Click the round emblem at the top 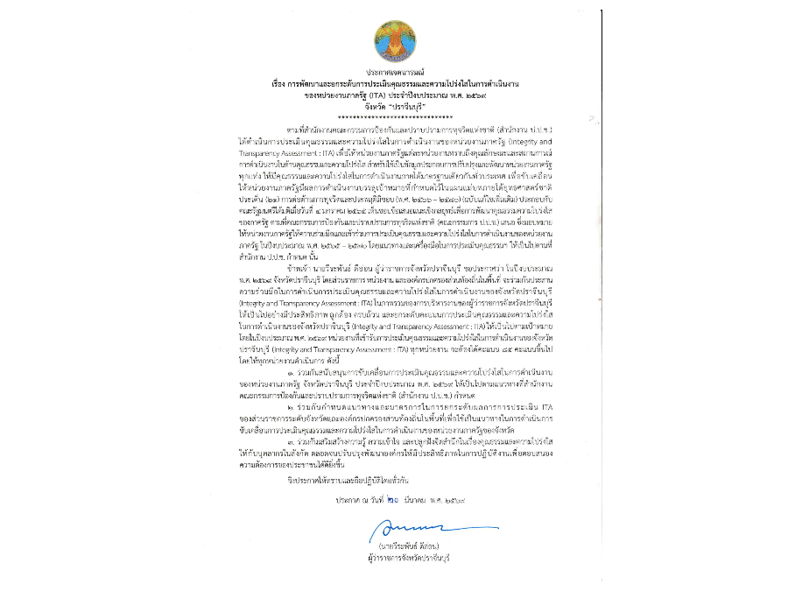pos(395,40)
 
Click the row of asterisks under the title pos(395,116)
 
